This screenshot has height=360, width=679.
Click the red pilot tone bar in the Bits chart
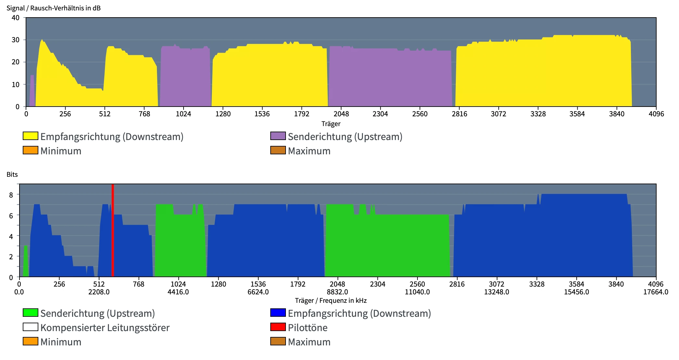pos(113,230)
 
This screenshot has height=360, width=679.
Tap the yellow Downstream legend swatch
pos(31,136)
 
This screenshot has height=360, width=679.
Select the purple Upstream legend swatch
pos(278,136)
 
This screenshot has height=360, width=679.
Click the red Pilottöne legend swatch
pos(278,327)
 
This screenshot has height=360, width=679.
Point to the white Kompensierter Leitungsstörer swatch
pos(31,327)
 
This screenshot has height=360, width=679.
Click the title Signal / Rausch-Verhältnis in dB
pos(54,8)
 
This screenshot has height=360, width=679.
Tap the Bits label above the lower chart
pos(12,174)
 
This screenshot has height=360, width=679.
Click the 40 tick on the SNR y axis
pos(16,18)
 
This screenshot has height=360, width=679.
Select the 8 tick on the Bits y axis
pos(11,195)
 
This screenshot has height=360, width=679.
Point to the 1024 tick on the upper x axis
pos(184,114)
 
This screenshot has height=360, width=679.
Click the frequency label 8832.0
pos(338,292)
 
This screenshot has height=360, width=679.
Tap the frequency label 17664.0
pos(656,292)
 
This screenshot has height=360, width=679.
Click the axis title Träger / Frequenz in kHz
pos(331,301)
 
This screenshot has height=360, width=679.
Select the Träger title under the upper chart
pos(331,124)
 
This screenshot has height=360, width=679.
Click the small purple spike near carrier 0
pos(32,91)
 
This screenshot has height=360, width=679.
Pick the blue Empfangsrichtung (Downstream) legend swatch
pos(278,313)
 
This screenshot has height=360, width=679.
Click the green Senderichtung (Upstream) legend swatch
pos(31,313)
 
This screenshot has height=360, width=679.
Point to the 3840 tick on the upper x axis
pos(617,114)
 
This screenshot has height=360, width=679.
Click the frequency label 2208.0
pos(99,292)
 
